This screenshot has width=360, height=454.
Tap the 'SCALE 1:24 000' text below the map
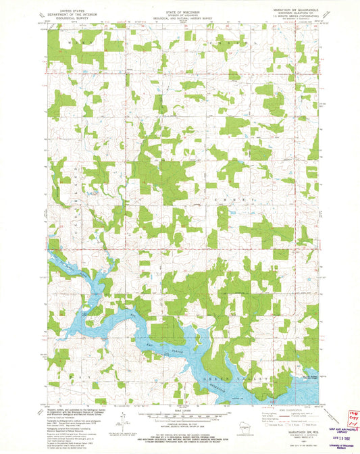pyautogui.click(x=180, y=410)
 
